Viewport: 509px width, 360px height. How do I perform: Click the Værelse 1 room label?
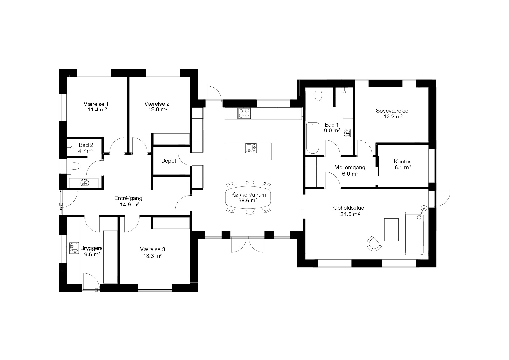[x=96, y=104]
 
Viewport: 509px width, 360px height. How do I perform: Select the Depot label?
[x=169, y=161]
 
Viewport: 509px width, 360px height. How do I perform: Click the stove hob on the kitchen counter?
[x=244, y=113]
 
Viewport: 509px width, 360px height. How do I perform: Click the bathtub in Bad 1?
[x=313, y=138]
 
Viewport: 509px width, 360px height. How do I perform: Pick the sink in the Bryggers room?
[x=74, y=248]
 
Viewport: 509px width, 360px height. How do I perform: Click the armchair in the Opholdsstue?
[x=374, y=243]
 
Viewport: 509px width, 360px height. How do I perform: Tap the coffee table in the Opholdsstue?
[x=391, y=230]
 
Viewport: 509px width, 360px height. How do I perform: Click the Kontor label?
[x=402, y=162]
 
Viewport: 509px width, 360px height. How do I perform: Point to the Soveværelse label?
[x=392, y=111]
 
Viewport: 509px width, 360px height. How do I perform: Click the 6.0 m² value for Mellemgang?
[x=350, y=174]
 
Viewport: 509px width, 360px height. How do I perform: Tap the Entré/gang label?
[x=128, y=199]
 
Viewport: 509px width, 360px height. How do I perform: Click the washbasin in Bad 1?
[x=347, y=133]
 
